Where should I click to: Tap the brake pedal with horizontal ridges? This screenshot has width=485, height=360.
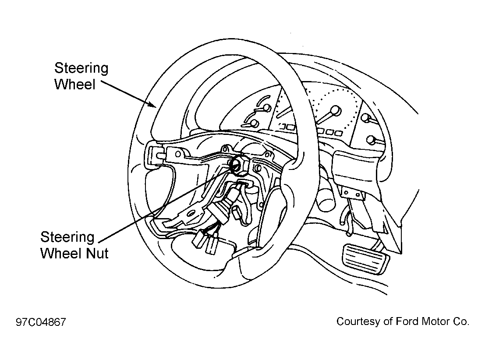pyautogui.click(x=365, y=258)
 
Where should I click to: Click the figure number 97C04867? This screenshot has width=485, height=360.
pyautogui.click(x=41, y=322)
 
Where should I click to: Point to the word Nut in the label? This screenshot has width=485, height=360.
pyautogui.click(x=97, y=253)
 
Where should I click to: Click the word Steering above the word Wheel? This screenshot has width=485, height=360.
pyautogui.click(x=81, y=69)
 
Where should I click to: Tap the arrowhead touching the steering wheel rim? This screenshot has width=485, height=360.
pyautogui.click(x=152, y=104)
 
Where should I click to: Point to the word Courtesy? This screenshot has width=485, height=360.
pyautogui.click(x=358, y=321)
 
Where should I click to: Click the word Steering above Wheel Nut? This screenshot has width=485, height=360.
pyautogui.click(x=67, y=237)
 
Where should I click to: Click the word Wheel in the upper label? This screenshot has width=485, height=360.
pyautogui.click(x=75, y=84)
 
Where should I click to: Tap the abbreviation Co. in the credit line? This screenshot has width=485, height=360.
pyautogui.click(x=461, y=321)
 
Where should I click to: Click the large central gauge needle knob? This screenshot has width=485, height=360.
pyautogui.click(x=335, y=110)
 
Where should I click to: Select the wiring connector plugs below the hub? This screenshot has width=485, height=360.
pyautogui.click(x=205, y=240)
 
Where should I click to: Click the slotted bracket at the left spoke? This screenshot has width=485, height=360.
pyautogui.click(x=156, y=153)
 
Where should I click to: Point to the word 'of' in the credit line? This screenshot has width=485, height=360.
pyautogui.click(x=388, y=321)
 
